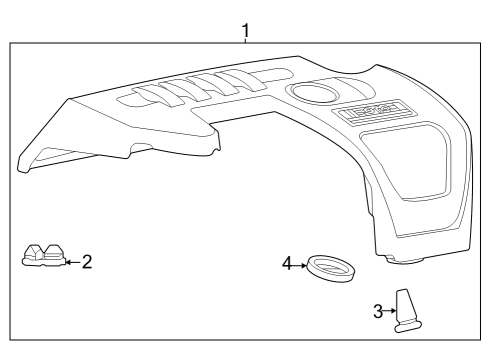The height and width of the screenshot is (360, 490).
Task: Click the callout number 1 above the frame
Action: point(245,31)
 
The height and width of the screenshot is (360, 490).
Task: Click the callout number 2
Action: point(87,262)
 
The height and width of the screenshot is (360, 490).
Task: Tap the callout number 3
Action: point(377,311)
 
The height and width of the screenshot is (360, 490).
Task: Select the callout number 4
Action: point(286,264)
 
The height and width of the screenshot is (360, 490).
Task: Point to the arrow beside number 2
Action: point(69,262)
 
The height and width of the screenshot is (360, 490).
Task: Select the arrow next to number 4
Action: point(299,265)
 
